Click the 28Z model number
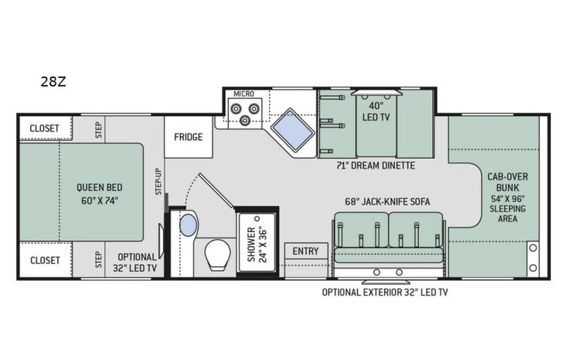click(53, 82)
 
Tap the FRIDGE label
click(188, 137)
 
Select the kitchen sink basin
click(293, 128)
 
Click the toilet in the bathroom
click(218, 255)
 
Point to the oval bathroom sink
click(189, 225)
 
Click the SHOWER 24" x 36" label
click(257, 245)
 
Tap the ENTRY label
click(305, 251)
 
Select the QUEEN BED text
click(100, 187)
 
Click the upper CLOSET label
click(44, 128)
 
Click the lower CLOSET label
click(45, 260)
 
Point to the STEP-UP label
click(158, 181)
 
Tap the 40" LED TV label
click(376, 111)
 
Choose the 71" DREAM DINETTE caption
click(376, 166)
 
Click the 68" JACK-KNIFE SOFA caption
click(387, 202)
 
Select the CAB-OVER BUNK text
click(508, 182)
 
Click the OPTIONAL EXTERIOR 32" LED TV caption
click(385, 293)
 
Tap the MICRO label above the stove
click(244, 94)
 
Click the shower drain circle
click(257, 219)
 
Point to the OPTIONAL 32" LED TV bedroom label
click(134, 262)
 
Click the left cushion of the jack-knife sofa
click(362, 230)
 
